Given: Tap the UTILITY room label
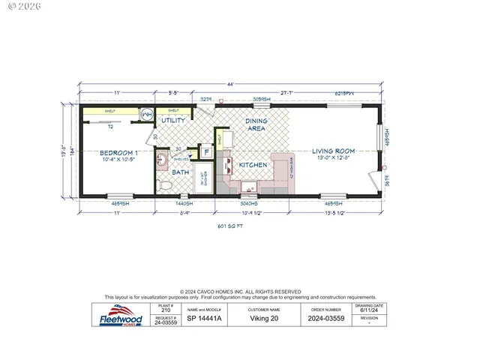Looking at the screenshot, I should (x=173, y=120).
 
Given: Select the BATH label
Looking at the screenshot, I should (x=181, y=172).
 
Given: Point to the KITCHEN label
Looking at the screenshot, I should (x=253, y=164).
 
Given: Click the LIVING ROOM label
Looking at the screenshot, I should (x=332, y=152).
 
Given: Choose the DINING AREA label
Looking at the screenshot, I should (x=256, y=124).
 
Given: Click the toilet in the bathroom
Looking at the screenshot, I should (x=163, y=184).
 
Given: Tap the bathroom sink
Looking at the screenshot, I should (x=162, y=160).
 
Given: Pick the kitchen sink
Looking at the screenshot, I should (x=250, y=186).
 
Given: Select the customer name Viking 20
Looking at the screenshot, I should (x=264, y=317).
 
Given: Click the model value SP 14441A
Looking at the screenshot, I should (x=202, y=317).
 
